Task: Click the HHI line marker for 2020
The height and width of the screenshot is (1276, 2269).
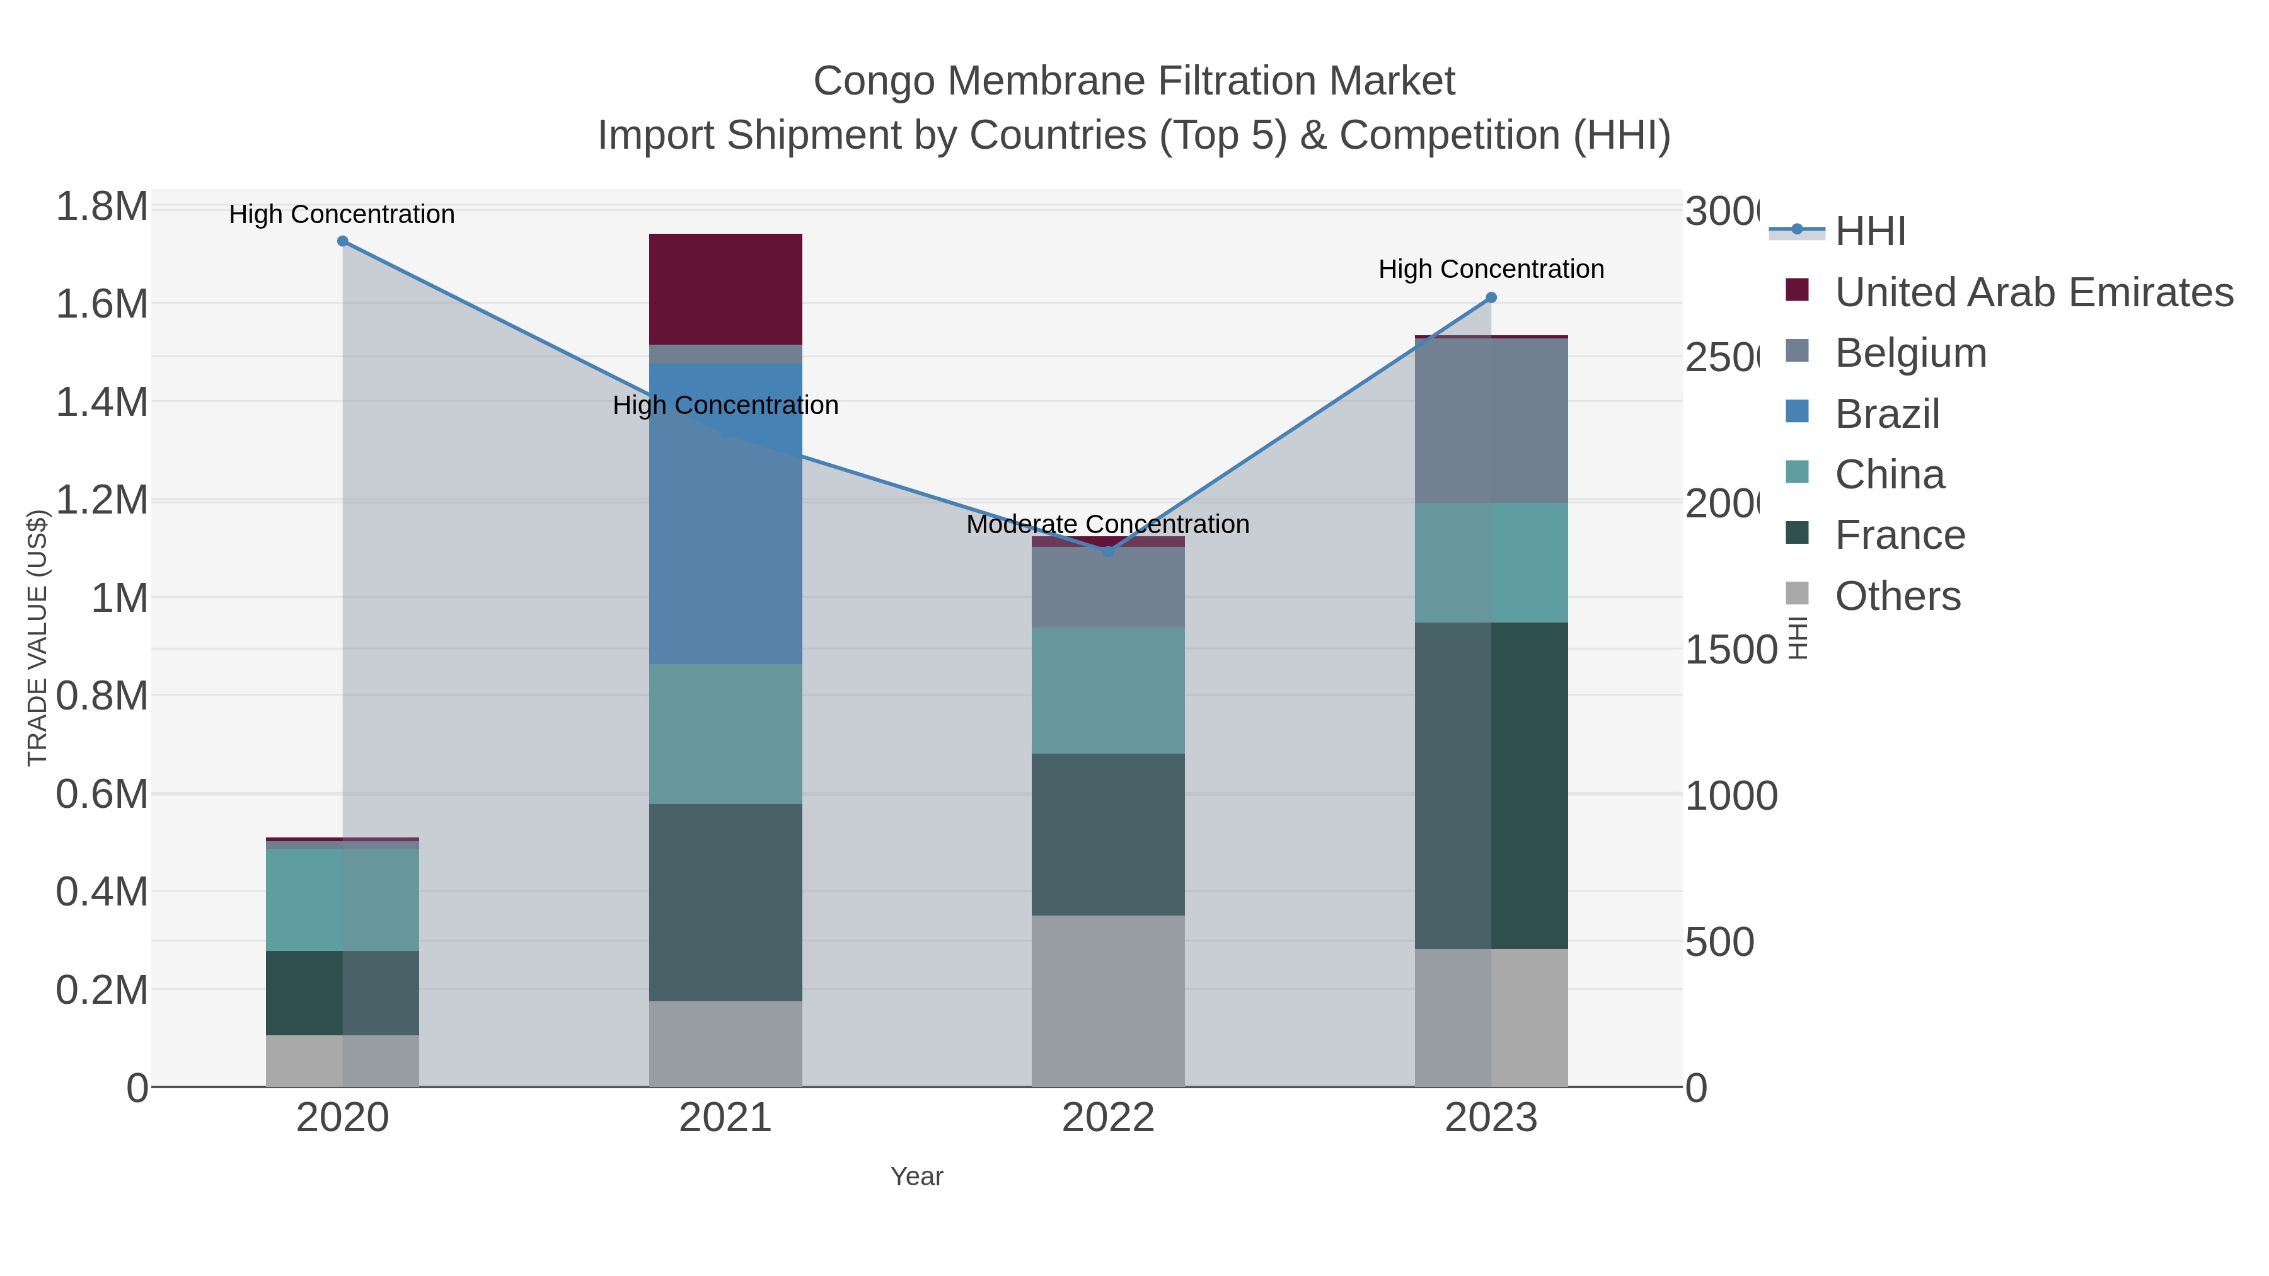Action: point(343,241)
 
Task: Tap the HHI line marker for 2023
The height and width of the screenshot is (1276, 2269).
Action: point(1491,297)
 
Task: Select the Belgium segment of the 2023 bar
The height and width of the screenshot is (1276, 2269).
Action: point(1491,420)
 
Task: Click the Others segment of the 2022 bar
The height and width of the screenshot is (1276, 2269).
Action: point(1107,1001)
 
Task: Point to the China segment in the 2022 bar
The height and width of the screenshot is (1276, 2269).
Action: point(1107,691)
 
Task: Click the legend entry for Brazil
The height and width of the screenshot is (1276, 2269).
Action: point(1886,414)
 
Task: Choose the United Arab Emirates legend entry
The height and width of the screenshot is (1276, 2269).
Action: point(2033,292)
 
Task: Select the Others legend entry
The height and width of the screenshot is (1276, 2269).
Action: point(1897,596)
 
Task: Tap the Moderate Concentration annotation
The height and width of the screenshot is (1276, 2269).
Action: point(1107,524)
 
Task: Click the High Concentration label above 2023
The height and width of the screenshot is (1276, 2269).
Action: point(1491,268)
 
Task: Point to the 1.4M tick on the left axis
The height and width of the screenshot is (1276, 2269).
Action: point(101,403)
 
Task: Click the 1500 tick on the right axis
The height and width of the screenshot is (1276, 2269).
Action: point(1731,650)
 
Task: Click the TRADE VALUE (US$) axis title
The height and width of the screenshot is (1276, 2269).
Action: point(37,638)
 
